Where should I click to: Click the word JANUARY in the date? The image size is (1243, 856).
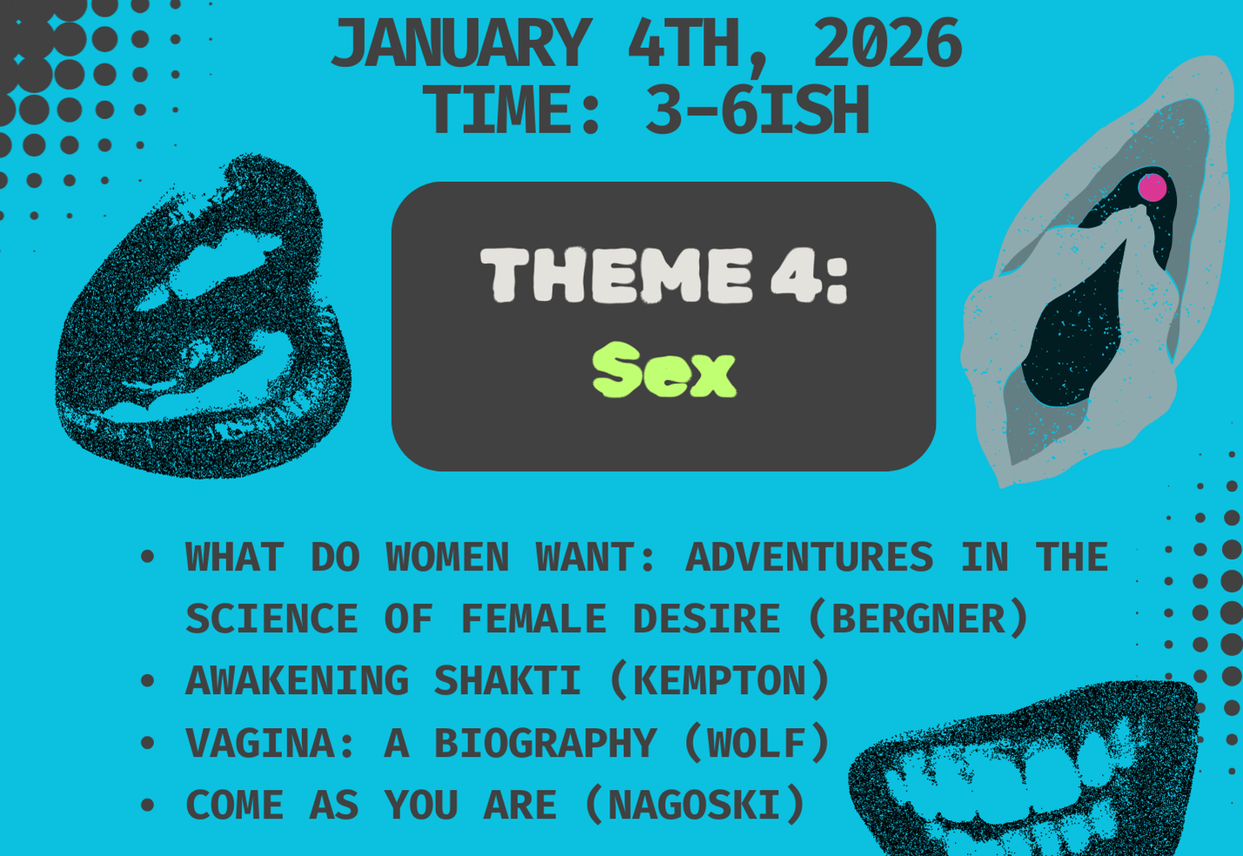click(460, 44)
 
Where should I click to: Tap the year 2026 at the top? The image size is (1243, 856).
click(887, 44)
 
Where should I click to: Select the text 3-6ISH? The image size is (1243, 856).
click(756, 111)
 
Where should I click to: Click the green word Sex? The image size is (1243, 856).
click(664, 371)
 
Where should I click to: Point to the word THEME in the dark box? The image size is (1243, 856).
click(616, 275)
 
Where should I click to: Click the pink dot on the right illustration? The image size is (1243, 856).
click(1152, 187)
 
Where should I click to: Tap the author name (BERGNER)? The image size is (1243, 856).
click(918, 619)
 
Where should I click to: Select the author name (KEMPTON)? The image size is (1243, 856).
click(719, 681)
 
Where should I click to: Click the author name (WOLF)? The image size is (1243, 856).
click(756, 744)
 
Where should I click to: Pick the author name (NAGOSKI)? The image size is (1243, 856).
click(694, 805)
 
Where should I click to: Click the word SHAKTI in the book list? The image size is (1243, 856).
click(507, 681)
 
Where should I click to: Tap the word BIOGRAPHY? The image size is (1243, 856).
click(545, 744)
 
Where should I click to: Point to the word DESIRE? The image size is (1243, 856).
click(706, 619)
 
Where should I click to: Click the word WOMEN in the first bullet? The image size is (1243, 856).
click(447, 557)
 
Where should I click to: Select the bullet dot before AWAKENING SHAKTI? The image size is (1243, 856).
click(147, 681)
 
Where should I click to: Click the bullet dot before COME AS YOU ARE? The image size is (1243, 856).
click(147, 805)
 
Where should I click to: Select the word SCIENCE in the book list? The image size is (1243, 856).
click(271, 619)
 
